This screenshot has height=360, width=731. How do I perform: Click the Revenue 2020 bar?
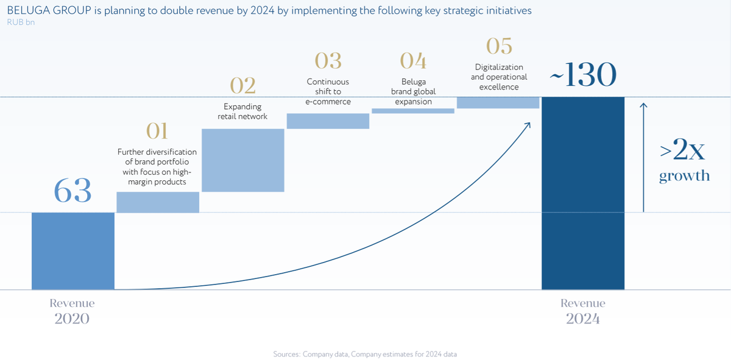coord(73,251)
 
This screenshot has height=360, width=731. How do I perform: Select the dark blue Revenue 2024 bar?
coord(583,193)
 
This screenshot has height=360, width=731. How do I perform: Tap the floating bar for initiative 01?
coord(158,202)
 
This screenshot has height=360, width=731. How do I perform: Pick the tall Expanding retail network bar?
coord(243,160)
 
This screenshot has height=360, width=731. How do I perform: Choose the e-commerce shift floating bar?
coord(328,121)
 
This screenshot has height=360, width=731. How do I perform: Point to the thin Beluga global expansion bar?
coord(413,111)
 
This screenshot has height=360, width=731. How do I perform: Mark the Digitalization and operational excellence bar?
coord(498,102)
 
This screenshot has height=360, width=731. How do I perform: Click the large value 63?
coord(72,191)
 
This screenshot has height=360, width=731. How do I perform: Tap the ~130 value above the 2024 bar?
coord(583,76)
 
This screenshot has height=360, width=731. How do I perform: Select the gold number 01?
coord(157,131)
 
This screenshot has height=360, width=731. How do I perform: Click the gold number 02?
coord(242,86)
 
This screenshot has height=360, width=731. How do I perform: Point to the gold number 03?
coord(328,61)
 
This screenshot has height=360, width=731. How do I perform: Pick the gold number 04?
coord(413,61)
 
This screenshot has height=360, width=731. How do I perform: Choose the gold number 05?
coord(499,46)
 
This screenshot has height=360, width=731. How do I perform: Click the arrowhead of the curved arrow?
coord(528,124)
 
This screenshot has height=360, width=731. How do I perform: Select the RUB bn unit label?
coord(21,22)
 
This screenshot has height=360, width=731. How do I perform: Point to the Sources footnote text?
coord(365,354)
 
